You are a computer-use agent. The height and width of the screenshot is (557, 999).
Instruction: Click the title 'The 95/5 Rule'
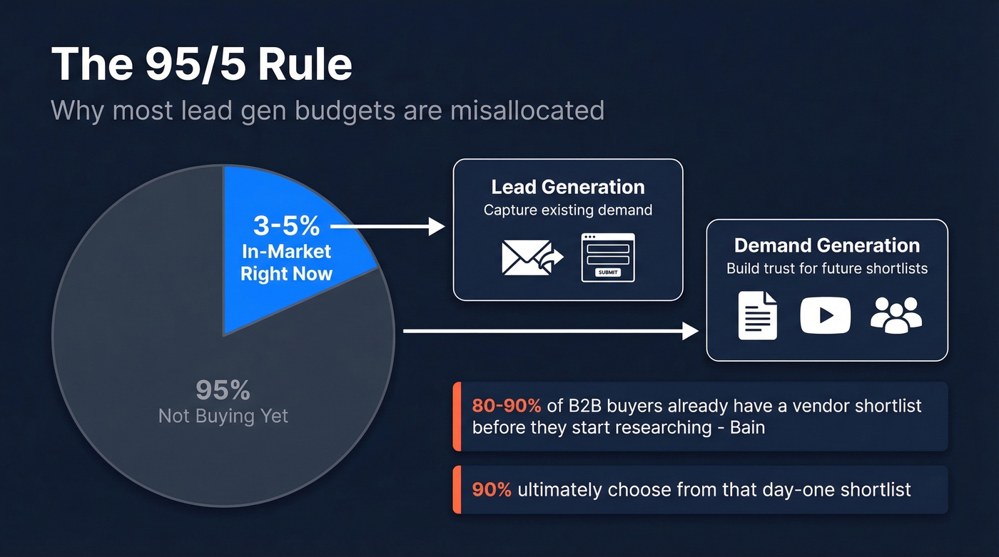click(x=201, y=64)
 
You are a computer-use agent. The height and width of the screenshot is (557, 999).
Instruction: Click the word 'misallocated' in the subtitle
click(x=527, y=110)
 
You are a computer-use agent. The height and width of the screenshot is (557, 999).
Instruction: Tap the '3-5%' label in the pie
click(x=286, y=225)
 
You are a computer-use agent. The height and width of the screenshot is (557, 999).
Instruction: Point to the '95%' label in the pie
click(x=223, y=390)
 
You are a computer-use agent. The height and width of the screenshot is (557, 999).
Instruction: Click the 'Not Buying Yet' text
click(x=223, y=417)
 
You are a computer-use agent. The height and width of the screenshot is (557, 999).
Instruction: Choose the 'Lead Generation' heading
click(x=568, y=187)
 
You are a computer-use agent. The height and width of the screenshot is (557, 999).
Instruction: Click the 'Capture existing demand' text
click(x=568, y=210)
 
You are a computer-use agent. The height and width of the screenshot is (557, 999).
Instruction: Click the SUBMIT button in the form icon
click(x=608, y=272)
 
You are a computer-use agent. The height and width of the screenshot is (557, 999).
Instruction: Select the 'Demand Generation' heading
click(x=827, y=245)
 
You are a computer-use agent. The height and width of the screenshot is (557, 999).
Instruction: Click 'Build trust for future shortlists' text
click(x=827, y=269)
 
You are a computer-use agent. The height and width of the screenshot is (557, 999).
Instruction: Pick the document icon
click(x=757, y=315)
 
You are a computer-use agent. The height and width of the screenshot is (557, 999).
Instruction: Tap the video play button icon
click(x=825, y=315)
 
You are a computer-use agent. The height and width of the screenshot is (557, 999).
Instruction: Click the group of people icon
click(x=896, y=315)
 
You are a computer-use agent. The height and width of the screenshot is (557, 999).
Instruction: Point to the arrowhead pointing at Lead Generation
click(x=437, y=226)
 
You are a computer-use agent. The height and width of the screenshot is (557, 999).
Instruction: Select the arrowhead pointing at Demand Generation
click(x=691, y=331)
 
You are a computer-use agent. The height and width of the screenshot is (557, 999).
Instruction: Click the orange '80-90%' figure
click(x=506, y=406)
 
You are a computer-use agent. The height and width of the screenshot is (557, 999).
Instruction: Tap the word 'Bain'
click(x=747, y=428)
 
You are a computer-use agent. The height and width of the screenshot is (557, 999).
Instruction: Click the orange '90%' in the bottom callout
click(x=492, y=490)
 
